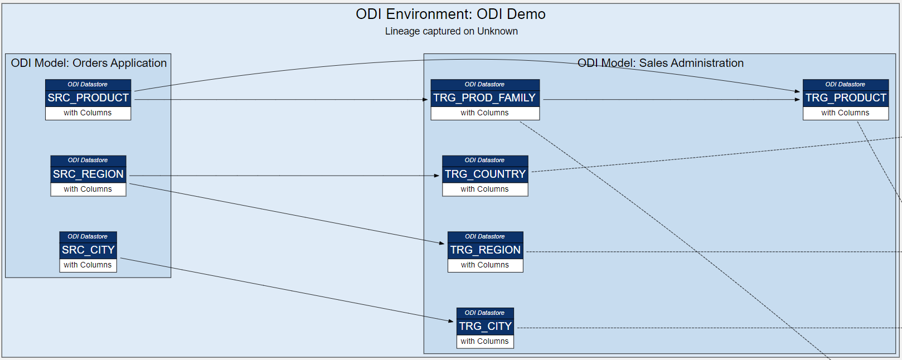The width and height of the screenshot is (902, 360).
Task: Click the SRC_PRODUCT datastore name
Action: click(88, 98)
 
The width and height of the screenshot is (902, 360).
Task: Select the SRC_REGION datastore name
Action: click(88, 174)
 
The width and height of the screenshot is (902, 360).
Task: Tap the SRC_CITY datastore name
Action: click(88, 250)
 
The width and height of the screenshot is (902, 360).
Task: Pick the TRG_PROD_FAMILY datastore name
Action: click(484, 98)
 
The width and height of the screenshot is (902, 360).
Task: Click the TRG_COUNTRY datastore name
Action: click(485, 174)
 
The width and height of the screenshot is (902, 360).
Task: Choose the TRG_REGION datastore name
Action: click(485, 250)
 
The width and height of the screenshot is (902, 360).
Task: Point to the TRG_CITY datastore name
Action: click(485, 327)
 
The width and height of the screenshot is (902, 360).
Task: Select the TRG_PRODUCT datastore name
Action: click(845, 98)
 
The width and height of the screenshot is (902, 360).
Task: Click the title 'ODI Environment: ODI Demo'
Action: click(450, 14)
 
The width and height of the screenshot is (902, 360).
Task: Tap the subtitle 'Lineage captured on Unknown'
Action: click(451, 31)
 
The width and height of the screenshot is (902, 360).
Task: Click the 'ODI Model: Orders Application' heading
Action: click(89, 63)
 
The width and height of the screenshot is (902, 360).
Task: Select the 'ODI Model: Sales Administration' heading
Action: click(660, 63)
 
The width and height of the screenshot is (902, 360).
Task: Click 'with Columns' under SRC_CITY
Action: click(88, 265)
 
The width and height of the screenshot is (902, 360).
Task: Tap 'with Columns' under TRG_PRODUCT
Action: click(845, 113)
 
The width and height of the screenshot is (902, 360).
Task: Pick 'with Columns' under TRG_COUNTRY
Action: click(484, 189)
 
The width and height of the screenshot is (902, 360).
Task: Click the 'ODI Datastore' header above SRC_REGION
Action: click(88, 160)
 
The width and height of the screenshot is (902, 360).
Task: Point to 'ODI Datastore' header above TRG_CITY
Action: click(484, 313)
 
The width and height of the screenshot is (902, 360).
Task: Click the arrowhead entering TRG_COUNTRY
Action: click(437, 176)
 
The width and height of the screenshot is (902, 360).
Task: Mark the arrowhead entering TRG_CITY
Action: click(451, 321)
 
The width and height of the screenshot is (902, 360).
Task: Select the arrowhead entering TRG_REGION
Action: click(442, 243)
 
